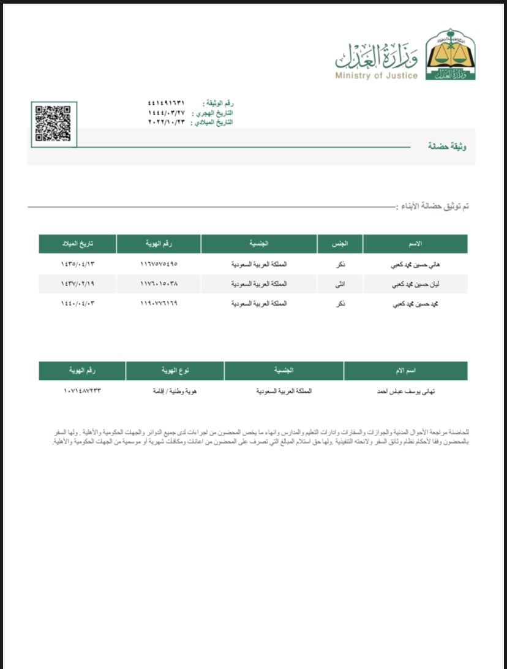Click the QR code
click(53, 124)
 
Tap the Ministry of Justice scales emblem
click(449, 56)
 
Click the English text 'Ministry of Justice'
click(376, 76)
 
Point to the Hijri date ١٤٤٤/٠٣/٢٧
click(165, 113)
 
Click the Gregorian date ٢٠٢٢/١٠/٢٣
click(165, 122)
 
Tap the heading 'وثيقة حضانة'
click(447, 146)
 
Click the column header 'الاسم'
click(415, 244)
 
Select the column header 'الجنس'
click(340, 244)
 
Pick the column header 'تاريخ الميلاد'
click(77, 244)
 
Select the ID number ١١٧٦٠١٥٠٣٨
click(159, 284)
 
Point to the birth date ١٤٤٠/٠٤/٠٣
click(78, 303)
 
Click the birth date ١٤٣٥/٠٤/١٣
click(78, 265)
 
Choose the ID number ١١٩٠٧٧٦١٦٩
click(159, 303)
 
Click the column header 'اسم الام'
click(406, 371)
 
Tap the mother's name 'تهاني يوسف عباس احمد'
click(406, 390)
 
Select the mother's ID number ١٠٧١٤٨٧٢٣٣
click(82, 390)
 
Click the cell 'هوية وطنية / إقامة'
click(175, 390)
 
